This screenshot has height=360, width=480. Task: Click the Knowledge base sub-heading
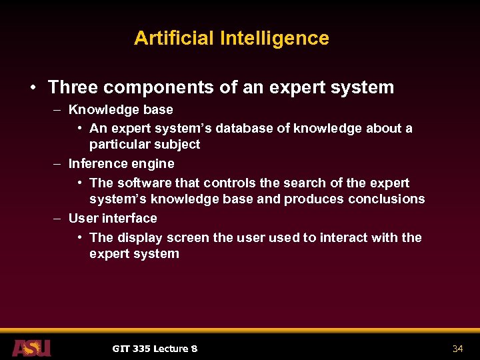pos(121,109)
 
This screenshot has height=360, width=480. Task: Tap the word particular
pos(117,144)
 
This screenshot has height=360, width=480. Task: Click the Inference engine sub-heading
pos(121,163)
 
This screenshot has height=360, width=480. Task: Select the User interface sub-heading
pos(113,218)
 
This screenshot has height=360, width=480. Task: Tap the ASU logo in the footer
pos(31,347)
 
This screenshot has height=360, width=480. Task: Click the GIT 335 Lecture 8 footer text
pos(155,349)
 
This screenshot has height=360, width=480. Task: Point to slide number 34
pos(457,349)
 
